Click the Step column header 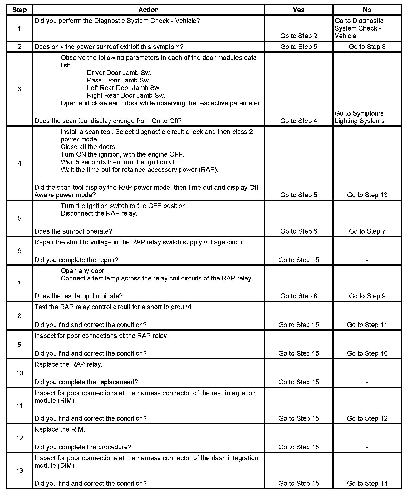(19, 10)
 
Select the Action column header (148, 10)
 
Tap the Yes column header (298, 10)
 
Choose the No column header (367, 10)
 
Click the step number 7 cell (19, 283)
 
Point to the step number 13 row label (19, 470)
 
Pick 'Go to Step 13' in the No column (367, 195)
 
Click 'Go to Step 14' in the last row (367, 483)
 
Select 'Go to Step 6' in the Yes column (298, 231)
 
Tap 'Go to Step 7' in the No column (367, 231)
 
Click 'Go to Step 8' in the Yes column (298, 296)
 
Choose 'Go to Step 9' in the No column (367, 296)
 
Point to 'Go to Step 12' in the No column (367, 418)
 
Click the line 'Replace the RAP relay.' (68, 364)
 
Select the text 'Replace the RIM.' (60, 429)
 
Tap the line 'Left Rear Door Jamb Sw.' (124, 88)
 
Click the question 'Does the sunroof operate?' (73, 231)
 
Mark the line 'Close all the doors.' (88, 147)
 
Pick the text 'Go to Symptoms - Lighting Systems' (361, 117)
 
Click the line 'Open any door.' (83, 271)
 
